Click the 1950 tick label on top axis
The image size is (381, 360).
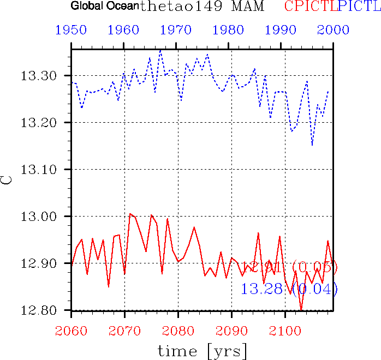[71, 30]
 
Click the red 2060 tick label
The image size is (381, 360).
[71, 331]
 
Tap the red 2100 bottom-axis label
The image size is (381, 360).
[285, 331]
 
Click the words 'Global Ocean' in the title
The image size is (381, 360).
[104, 7]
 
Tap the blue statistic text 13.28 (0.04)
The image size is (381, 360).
[289, 289]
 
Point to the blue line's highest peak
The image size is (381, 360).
[160, 50]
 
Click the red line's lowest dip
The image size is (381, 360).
[301, 310]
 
